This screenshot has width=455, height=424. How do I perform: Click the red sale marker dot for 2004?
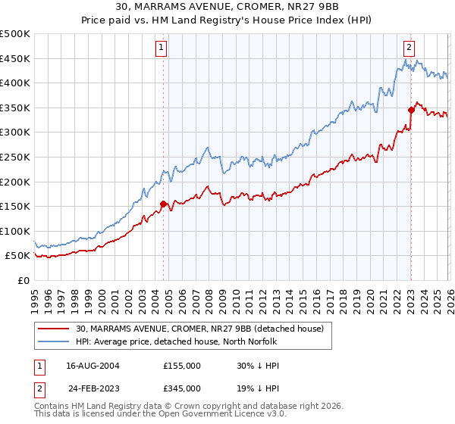[163, 204]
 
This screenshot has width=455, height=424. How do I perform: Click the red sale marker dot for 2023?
[411, 110]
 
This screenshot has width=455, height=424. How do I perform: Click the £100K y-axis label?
[15, 231]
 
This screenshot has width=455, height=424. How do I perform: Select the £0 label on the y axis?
[23, 280]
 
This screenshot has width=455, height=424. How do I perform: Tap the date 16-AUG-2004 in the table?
[93, 365]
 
